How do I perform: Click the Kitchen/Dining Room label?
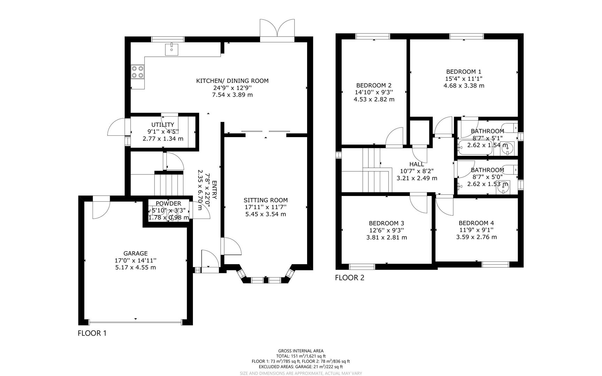(232, 81)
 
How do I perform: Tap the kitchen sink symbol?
(171, 49)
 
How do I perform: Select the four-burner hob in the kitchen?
(138, 72)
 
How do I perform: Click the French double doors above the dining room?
(277, 29)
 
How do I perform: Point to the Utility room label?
(163, 125)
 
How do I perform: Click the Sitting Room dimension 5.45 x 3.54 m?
(265, 214)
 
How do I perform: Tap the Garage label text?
(135, 253)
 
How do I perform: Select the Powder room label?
(168, 204)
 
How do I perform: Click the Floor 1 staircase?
(169, 185)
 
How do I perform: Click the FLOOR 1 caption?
(92, 333)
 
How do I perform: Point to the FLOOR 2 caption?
(349, 277)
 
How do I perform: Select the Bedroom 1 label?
(463, 72)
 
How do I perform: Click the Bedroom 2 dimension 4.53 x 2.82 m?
(374, 99)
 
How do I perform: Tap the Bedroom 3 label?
(386, 223)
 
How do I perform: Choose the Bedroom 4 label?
(476, 223)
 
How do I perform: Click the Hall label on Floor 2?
(416, 164)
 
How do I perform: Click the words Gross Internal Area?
(300, 351)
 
